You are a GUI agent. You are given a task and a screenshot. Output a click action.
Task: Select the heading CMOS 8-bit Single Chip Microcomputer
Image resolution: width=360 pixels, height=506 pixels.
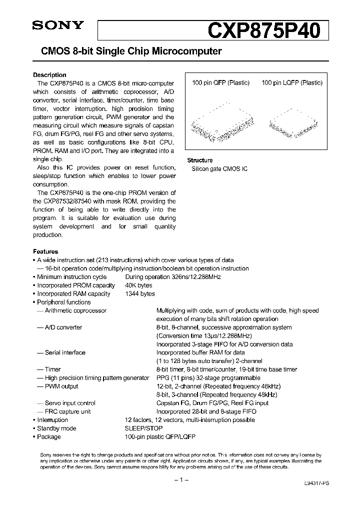(127, 51)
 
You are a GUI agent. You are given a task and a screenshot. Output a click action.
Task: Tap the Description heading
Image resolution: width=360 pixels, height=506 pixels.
(49, 75)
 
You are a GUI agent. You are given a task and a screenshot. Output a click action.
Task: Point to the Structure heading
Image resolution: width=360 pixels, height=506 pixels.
(200, 160)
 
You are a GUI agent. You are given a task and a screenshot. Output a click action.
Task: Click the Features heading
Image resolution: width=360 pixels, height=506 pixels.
(45, 251)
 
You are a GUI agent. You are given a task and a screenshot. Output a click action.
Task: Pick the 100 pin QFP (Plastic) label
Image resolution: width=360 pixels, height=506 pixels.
(220, 83)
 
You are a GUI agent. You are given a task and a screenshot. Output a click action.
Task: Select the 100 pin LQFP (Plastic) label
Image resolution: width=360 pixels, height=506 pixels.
(292, 83)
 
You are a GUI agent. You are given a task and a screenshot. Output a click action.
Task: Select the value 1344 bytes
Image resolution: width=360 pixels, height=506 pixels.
(140, 294)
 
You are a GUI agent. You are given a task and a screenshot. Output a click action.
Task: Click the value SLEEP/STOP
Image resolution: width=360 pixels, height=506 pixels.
(143, 428)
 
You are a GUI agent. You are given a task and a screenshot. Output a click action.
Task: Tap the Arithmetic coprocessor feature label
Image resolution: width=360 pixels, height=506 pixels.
(75, 310)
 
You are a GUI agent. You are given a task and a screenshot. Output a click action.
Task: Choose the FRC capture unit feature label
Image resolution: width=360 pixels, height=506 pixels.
(68, 411)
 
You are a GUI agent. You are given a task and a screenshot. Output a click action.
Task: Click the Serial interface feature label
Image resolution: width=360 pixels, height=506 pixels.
(65, 352)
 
